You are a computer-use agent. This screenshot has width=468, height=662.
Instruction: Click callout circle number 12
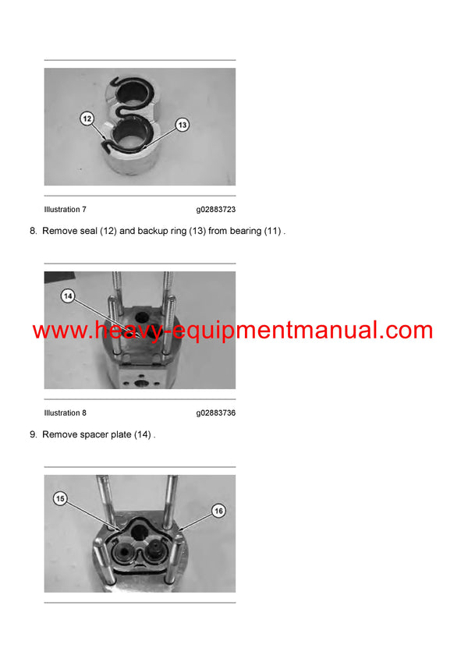(x=87, y=119)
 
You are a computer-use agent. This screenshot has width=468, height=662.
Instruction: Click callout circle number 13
(x=182, y=124)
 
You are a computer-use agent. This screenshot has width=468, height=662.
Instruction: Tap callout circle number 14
(x=68, y=296)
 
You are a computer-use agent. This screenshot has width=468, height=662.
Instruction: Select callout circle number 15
(x=60, y=497)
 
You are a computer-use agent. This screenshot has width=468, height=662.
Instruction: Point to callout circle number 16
(x=218, y=510)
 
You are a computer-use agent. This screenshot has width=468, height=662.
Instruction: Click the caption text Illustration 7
(x=66, y=210)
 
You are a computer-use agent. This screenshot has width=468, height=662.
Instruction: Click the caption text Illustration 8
(x=66, y=413)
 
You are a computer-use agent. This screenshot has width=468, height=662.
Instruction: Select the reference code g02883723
(x=215, y=210)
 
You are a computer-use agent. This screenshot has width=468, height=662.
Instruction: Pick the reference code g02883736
(x=215, y=413)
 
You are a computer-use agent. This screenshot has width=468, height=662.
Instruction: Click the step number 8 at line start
(x=34, y=232)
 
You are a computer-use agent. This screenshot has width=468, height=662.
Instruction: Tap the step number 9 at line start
(x=34, y=434)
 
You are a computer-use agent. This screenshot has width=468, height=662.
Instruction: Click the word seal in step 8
(x=88, y=232)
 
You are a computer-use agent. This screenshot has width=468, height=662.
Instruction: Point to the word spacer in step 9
(x=97, y=434)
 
